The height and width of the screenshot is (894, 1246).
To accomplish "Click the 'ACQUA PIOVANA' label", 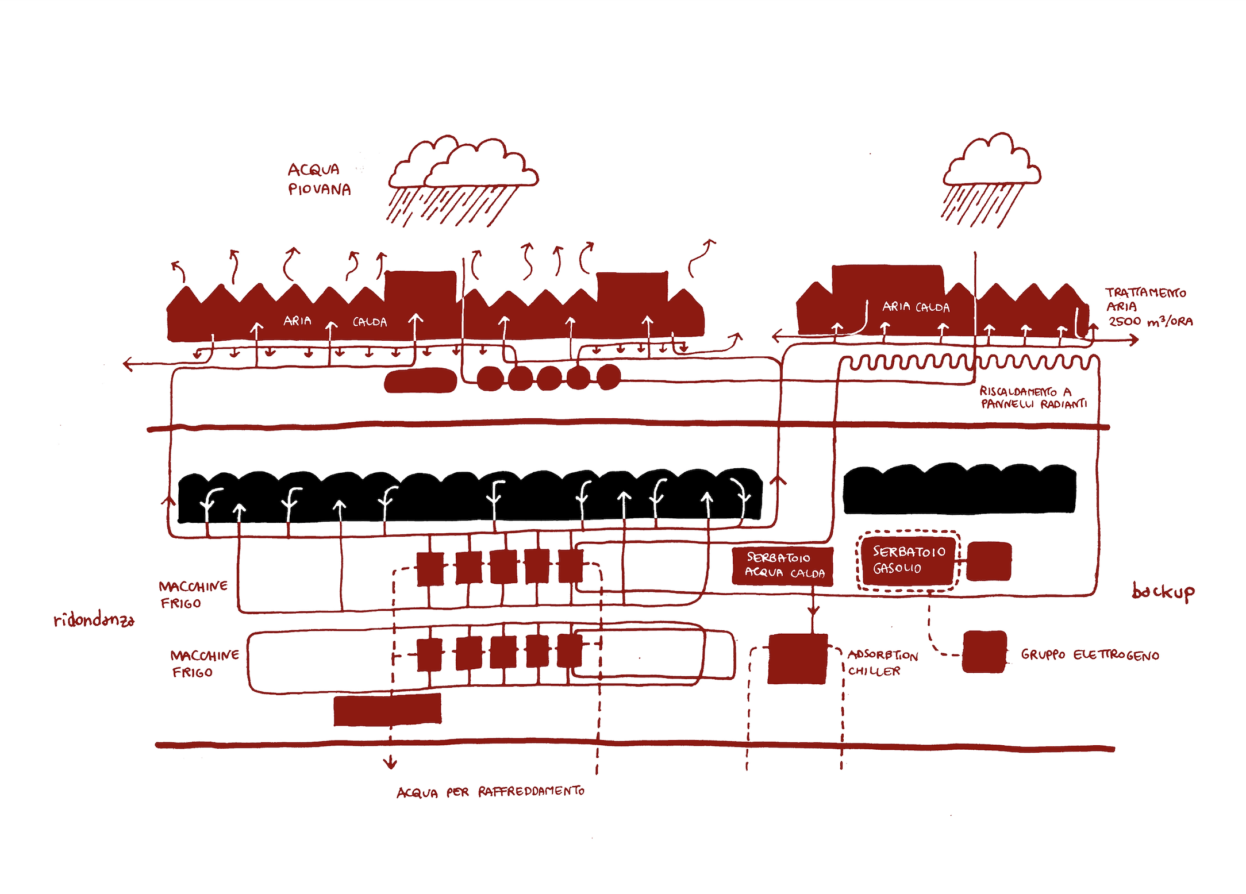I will point(319,179).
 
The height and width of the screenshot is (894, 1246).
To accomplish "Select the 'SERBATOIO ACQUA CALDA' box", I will point(782,566).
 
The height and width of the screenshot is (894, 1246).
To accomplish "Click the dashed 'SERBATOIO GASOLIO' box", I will point(908,561).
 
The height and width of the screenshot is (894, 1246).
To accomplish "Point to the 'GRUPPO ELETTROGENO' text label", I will point(1090,655).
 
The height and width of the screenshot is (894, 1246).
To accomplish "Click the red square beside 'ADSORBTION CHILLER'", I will point(798,658).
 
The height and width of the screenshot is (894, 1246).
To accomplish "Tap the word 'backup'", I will point(1163,592).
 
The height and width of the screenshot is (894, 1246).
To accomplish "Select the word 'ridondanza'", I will point(94,620).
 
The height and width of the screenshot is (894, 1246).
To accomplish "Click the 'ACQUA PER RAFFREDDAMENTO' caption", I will point(490,792).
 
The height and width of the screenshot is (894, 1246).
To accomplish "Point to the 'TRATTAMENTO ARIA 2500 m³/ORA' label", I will point(1148,307).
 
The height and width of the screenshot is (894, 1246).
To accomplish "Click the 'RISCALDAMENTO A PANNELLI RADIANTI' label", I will point(1033,398).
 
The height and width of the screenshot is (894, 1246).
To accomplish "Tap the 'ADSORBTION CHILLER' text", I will point(882,662).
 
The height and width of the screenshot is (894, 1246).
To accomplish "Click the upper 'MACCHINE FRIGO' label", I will point(193,595).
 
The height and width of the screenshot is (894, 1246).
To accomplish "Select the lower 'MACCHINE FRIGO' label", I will point(204,664).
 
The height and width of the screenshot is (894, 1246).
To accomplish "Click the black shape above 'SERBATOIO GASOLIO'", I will point(959,489).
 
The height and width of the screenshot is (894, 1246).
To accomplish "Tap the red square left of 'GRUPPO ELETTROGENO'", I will point(985,652).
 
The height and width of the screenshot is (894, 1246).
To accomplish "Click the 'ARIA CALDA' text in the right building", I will point(916,307).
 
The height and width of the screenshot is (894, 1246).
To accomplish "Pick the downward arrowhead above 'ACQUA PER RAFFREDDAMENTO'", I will point(390,764).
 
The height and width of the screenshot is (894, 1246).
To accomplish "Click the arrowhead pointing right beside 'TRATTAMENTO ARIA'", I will point(1134,340).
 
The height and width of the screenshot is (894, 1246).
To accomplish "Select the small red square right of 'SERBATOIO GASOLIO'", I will point(989,561).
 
